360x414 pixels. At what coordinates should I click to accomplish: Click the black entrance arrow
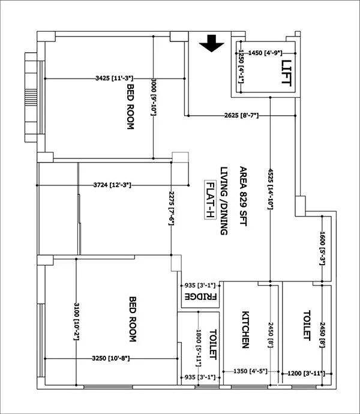211,44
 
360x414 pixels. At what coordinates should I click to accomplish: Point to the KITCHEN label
245,329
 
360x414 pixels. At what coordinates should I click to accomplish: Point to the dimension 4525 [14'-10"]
271,187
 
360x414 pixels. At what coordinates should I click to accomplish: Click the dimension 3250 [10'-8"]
110,358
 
